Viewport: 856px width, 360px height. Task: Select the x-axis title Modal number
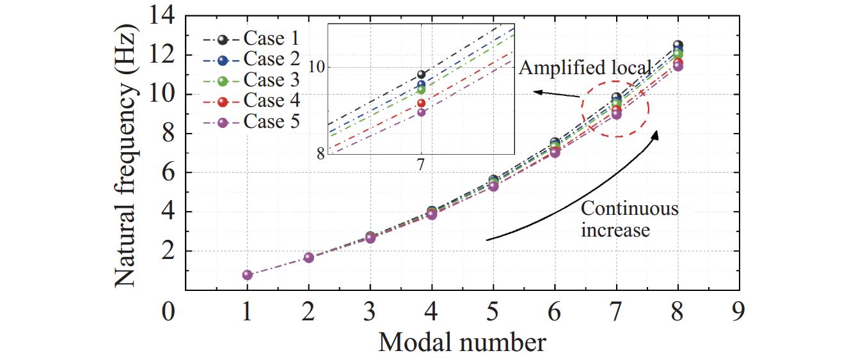point(462,343)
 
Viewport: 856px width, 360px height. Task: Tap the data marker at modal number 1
point(248,275)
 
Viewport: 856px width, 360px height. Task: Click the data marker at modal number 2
point(309,258)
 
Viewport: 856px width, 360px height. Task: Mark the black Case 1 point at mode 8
point(678,45)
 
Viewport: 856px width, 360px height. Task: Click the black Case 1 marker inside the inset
point(421,75)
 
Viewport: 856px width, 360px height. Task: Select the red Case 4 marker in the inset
point(421,103)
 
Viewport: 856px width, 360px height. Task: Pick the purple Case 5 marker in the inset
point(421,112)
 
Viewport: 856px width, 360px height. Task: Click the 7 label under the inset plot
point(421,164)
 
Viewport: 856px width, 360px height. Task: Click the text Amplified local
point(585,67)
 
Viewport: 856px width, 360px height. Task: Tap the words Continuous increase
point(629,219)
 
